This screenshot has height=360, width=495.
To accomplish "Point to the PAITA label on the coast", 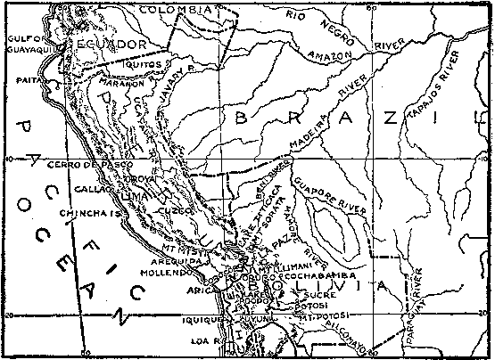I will tap(29, 80).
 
